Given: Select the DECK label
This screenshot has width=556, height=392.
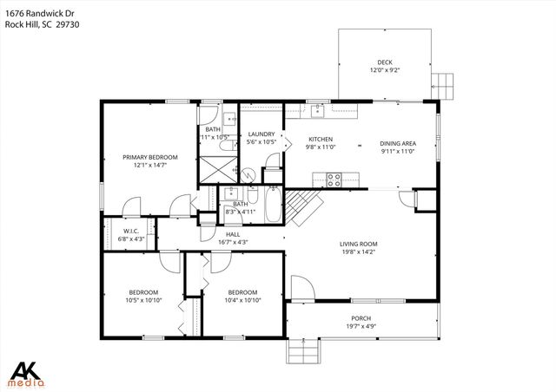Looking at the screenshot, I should pos(385,62).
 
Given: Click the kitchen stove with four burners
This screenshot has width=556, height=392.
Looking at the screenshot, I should pos(333,180).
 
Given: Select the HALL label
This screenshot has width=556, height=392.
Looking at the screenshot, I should pos(233,234).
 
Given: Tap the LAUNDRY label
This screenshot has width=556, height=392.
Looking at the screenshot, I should pos(261,133).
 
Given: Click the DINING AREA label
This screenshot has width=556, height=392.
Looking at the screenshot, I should pos(397,143).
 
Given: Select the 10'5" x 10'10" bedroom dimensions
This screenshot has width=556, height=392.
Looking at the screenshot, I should pos(143,301).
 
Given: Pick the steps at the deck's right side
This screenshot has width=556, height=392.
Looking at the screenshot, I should pos(443,85).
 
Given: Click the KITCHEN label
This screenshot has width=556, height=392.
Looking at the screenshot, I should pos(321,139).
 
